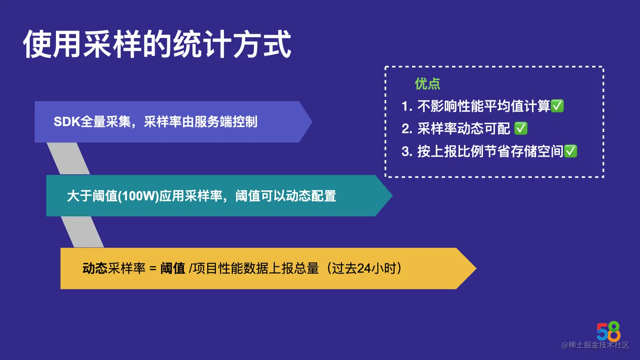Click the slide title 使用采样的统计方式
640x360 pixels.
click(157, 44)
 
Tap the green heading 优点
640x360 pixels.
click(427, 84)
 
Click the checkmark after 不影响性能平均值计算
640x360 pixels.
click(557, 106)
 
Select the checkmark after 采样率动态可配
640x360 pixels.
click(521, 128)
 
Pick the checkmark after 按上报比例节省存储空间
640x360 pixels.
click(571, 151)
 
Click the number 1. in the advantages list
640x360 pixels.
click(406, 106)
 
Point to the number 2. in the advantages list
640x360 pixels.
click(406, 129)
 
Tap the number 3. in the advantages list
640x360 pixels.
click(406, 151)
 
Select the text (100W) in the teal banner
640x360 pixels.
click(138, 196)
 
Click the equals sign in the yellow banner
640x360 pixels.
click(153, 269)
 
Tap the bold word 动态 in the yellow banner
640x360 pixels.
click(95, 269)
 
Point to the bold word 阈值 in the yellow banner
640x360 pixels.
click(173, 269)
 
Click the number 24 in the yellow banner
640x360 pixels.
click(364, 269)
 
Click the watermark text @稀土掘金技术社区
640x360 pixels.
click(595, 345)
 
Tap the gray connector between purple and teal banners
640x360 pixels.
click(68, 159)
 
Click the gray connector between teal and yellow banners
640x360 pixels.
click(83, 232)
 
